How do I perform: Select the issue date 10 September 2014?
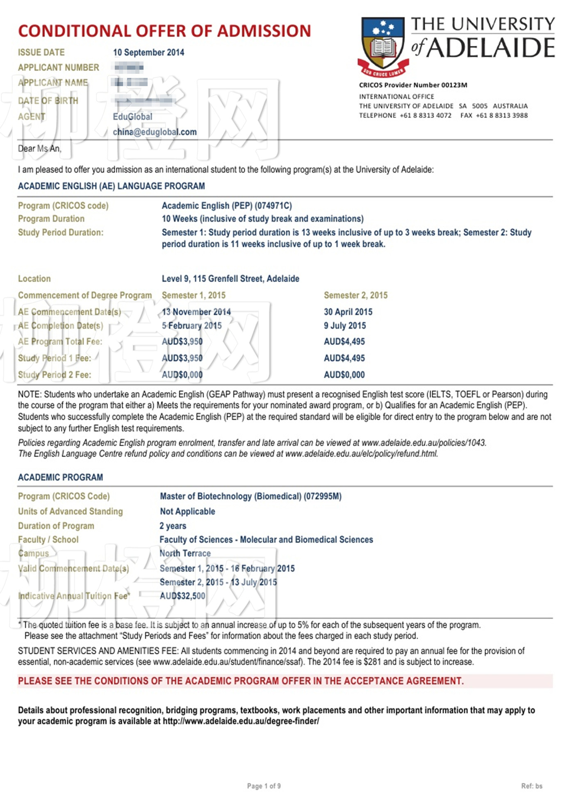148,52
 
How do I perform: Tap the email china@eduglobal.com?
155,132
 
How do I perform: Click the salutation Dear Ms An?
39,148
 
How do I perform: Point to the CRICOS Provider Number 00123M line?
413,85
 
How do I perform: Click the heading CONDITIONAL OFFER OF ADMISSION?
164,31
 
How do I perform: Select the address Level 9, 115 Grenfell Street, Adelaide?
230,279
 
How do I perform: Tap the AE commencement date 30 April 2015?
348,312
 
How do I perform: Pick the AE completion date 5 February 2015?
191,326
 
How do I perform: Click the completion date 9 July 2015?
345,326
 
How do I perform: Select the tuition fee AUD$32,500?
182,596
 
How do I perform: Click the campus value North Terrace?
185,554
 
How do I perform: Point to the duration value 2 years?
173,526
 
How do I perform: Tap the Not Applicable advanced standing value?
187,512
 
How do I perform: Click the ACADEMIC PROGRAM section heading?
60,478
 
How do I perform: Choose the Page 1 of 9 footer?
264,786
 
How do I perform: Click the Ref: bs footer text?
531,786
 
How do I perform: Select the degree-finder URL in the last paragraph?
241,721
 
